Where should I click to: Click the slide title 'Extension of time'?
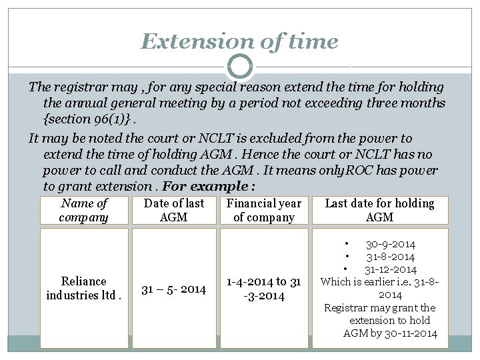[x=239, y=42]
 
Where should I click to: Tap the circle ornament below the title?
[x=239, y=67]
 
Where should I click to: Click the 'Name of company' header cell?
[x=84, y=211]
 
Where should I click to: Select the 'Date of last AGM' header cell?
[x=174, y=211]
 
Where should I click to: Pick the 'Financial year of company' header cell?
[x=264, y=211]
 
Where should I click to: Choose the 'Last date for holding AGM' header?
[x=379, y=211]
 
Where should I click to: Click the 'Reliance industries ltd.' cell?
[x=84, y=288]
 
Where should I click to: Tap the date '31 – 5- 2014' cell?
[x=174, y=289]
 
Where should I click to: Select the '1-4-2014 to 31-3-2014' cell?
[x=264, y=288]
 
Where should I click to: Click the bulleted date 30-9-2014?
[x=390, y=245]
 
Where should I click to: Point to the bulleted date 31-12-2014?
[x=390, y=269]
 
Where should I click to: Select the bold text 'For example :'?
[x=209, y=187]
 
